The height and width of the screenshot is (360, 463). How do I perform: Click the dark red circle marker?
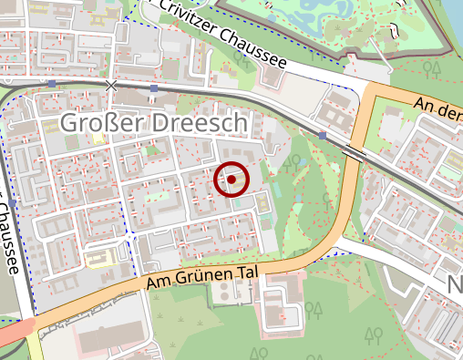pyautogui.click(x=231, y=180)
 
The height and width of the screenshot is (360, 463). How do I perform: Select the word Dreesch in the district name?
pyautogui.click(x=196, y=123)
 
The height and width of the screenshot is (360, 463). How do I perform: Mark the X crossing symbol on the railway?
pyautogui.click(x=111, y=86)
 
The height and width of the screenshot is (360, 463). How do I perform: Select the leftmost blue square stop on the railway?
pyautogui.click(x=53, y=84)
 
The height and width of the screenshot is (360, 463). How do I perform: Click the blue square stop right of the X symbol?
pyautogui.click(x=154, y=88)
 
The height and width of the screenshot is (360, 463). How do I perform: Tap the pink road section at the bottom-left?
pyautogui.click(x=14, y=334)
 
